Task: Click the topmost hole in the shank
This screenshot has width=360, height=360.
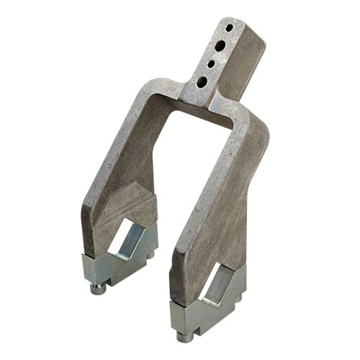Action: pyautogui.click(x=230, y=27)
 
